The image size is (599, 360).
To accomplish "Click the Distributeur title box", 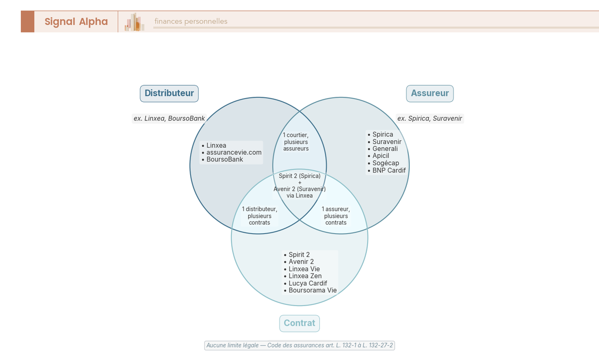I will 169,93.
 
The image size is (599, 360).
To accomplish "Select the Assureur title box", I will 430,93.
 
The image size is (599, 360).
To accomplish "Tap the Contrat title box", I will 299,323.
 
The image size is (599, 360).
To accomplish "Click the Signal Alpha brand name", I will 76,21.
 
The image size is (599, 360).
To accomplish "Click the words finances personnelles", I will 191,21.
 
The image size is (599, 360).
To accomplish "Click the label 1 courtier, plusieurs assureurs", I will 296,142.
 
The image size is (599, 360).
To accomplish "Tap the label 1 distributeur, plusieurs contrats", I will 260,216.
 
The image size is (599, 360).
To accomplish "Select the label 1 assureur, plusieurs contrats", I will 336,216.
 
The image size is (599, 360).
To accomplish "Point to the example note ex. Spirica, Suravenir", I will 430,118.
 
